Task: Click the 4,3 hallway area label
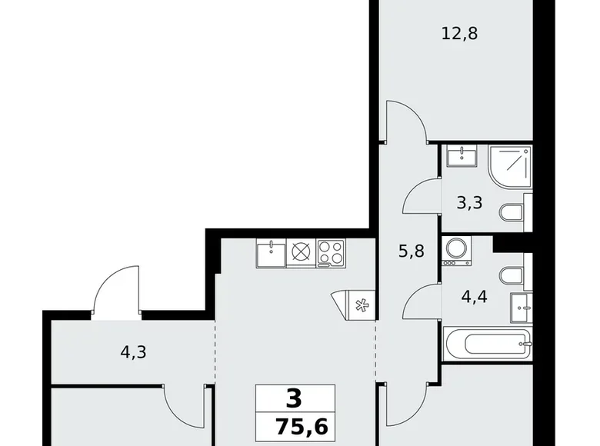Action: tap(133, 353)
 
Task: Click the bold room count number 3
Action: tap(293, 399)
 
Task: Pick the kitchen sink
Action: tap(271, 252)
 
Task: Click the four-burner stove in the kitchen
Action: tap(331, 252)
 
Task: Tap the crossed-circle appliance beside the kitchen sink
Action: tap(300, 252)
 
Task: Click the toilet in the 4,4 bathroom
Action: tap(510, 275)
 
